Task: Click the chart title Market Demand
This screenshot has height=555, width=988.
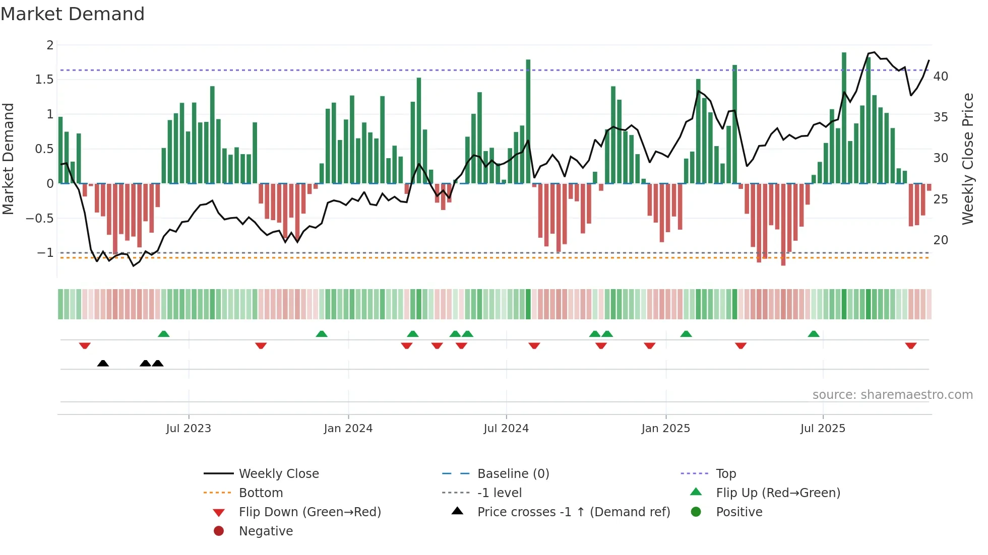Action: point(73,14)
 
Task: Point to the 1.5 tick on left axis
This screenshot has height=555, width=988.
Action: point(44,80)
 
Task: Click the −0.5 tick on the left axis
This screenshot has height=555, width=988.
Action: point(40,219)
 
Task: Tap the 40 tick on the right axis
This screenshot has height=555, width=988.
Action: point(941,77)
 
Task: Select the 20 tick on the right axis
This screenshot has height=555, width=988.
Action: point(941,240)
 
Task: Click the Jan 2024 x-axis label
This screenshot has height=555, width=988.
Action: point(348,429)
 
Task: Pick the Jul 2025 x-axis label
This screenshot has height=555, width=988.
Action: point(823,429)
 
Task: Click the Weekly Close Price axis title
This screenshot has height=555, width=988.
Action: point(967,159)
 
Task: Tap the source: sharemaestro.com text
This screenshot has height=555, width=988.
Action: point(892,395)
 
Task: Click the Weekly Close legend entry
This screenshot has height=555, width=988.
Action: point(278,474)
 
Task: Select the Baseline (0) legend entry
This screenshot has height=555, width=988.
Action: point(513,474)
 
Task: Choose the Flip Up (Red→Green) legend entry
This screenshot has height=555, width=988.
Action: point(778,493)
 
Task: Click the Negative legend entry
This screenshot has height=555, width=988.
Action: point(266,531)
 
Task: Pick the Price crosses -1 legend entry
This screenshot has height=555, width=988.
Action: point(573,512)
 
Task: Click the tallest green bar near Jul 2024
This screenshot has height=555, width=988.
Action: point(528,121)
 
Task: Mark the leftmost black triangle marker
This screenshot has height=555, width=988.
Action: point(103,363)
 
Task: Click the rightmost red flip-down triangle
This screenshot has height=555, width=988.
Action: point(910,345)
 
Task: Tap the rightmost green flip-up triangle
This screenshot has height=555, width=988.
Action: point(814,334)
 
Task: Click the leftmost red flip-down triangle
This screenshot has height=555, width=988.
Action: point(85,345)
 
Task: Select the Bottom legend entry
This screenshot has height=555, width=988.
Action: point(261,493)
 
